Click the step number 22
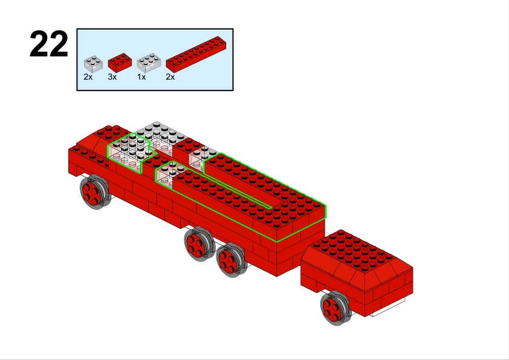pyautogui.click(x=49, y=44)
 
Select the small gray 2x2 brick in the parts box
pyautogui.click(x=93, y=64)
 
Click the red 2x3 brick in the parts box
pyautogui.click(x=120, y=63)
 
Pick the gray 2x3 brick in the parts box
pyautogui.click(x=149, y=63)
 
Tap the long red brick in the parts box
pyautogui.click(x=196, y=54)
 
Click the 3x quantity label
pyautogui.click(x=112, y=77)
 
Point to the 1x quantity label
pyautogui.click(x=141, y=77)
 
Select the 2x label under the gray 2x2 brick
pyautogui.click(x=88, y=77)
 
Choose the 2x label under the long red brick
pyautogui.click(x=170, y=77)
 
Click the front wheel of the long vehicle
pyautogui.click(x=94, y=192)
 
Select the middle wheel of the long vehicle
pyautogui.click(x=199, y=244)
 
